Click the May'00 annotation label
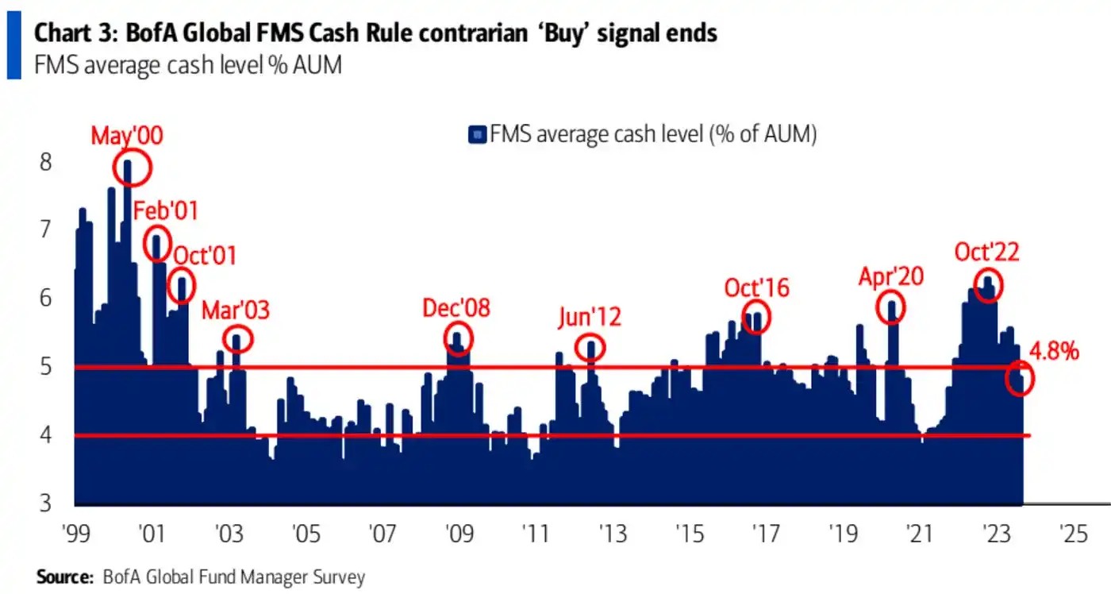127,136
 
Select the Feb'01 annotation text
165,211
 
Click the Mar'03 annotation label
236,310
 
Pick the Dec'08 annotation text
456,308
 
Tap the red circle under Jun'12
590,347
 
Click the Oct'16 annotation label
756,287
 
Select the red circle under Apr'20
893,307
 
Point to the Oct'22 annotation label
986,253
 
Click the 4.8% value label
1054,351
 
